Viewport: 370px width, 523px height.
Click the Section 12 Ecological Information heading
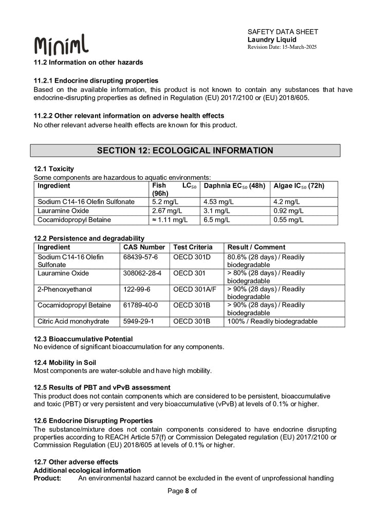tap(185, 151)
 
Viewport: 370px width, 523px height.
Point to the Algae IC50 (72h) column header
tap(299, 185)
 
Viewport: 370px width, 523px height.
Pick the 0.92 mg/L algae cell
tap(288, 211)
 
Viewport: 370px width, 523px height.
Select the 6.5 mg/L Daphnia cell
tap(215, 220)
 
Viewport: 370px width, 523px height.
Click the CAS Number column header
tap(144, 247)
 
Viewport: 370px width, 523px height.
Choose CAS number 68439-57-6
tap(141, 257)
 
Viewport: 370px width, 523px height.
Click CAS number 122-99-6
tap(136, 289)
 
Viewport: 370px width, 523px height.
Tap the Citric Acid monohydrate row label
tap(73, 322)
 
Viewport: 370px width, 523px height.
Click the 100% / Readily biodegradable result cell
tap(272, 322)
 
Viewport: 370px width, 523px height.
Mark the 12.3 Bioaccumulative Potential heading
tap(83, 339)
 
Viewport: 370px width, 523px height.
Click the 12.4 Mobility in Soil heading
tap(65, 363)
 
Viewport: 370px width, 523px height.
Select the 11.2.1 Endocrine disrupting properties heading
tap(96, 81)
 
